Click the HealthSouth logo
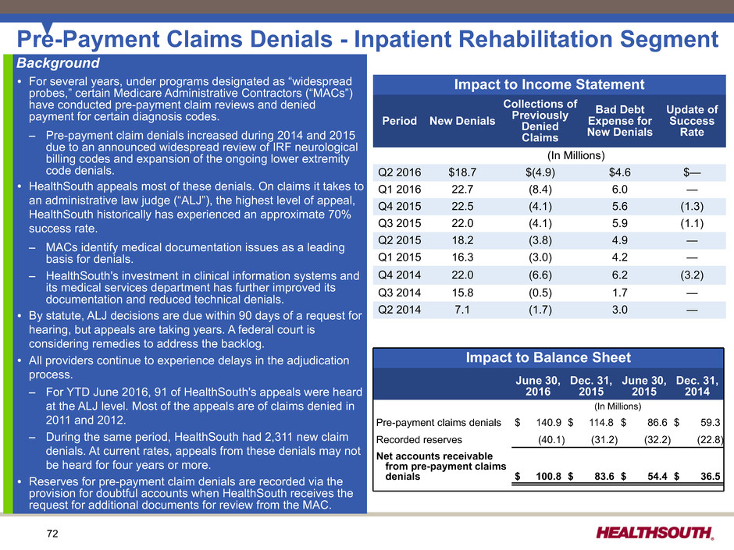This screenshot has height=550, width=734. pos(654,533)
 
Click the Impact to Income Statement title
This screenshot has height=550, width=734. pos(549,84)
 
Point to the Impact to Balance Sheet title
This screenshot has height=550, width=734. pos(549,357)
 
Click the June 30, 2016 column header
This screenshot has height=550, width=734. pos(538,385)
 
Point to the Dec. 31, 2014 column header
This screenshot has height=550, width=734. pos(697,385)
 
